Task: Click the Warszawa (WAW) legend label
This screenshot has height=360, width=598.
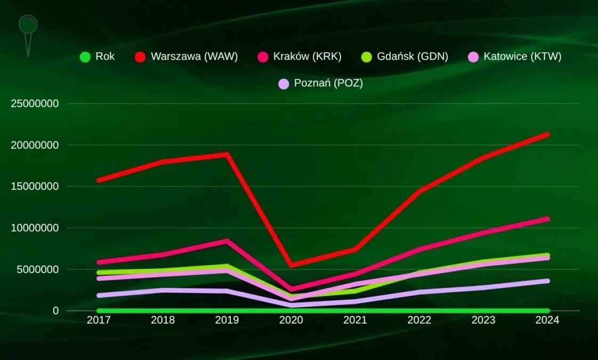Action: point(194,57)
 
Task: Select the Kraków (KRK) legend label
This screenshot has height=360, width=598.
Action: point(307,57)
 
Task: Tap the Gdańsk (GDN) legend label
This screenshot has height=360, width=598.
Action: point(412,57)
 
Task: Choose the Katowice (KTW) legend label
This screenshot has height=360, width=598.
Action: point(522,57)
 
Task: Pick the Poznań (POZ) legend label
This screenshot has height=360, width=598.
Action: point(328,84)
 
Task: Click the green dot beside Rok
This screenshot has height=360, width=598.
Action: point(85,57)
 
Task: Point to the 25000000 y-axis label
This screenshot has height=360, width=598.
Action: point(34,103)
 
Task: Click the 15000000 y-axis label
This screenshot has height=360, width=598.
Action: point(34,187)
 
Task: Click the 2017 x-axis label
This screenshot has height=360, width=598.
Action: point(99,320)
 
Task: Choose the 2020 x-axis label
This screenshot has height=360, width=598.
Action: point(291,320)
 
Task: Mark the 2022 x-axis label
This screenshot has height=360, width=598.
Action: point(419,320)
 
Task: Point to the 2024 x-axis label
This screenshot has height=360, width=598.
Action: point(547,320)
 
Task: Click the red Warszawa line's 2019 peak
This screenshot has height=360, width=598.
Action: point(227,155)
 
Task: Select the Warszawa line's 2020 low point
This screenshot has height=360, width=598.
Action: point(291,265)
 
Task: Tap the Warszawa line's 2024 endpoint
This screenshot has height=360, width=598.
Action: point(547,134)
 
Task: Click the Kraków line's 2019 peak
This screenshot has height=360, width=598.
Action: point(227,241)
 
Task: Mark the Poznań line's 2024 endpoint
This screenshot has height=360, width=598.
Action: point(547,281)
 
